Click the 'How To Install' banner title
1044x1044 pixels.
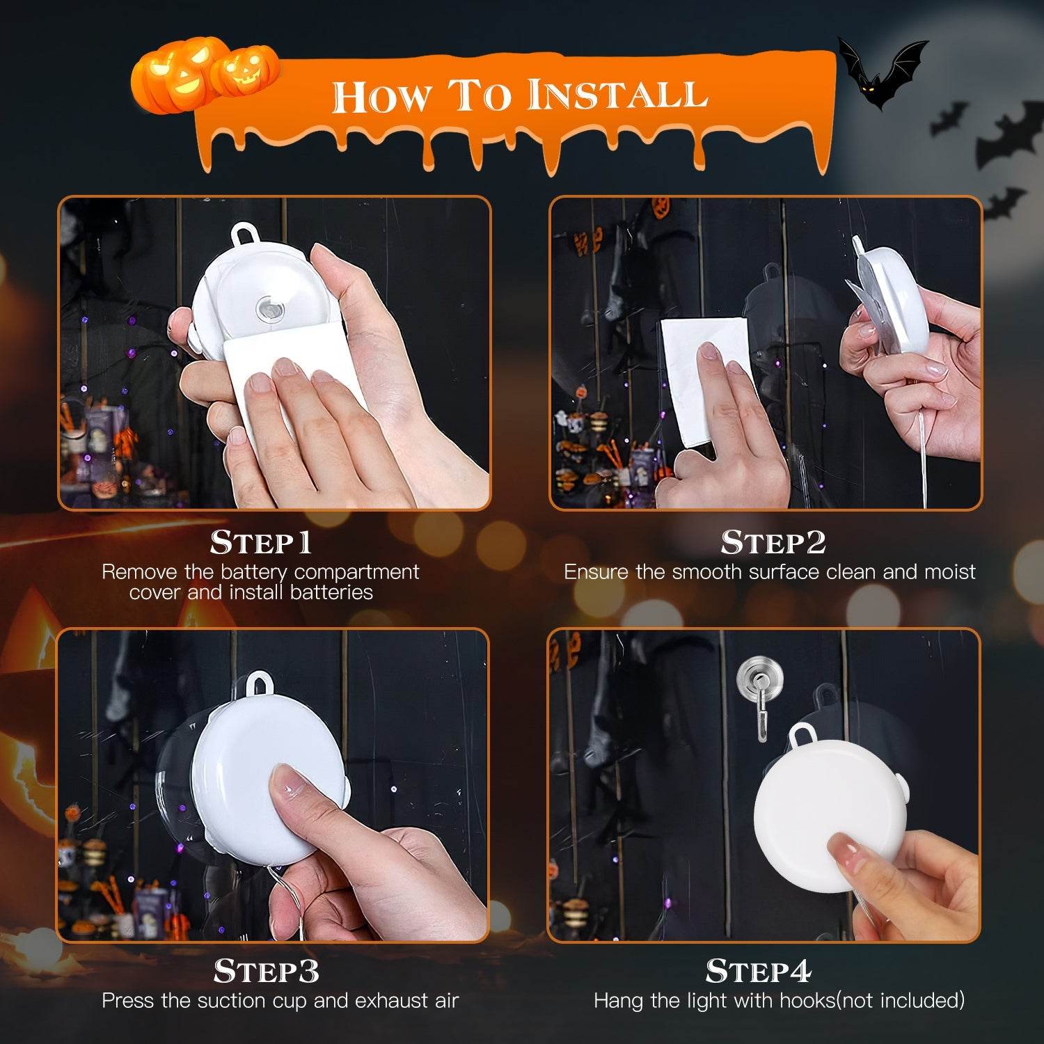pyautogui.click(x=519, y=95)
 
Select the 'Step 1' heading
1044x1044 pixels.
pyautogui.click(x=261, y=543)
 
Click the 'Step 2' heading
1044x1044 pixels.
pyautogui.click(x=773, y=543)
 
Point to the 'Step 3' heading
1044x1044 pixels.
pyautogui.click(x=266, y=972)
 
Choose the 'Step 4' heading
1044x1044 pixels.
pyautogui.click(x=758, y=972)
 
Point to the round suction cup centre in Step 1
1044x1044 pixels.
pyautogui.click(x=271, y=308)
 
